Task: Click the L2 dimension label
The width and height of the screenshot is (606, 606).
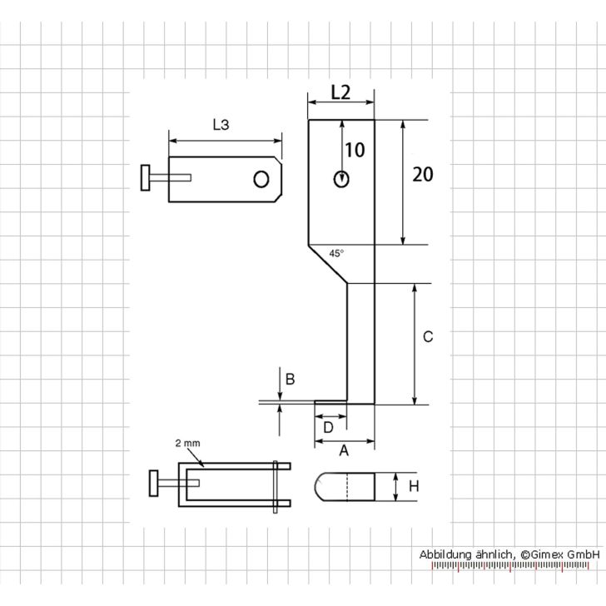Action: coord(340,93)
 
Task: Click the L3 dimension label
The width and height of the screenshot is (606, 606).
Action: coord(221,125)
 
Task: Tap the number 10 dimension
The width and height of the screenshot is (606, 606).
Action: coord(355,150)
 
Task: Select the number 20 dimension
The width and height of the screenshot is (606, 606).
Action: coord(424,174)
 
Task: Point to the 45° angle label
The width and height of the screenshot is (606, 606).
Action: coord(336,252)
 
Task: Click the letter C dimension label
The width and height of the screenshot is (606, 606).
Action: coord(428,337)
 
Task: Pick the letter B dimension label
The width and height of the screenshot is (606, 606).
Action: coord(291,380)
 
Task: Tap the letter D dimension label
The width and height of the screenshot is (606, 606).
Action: coord(328,427)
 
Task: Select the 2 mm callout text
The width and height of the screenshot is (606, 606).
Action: coord(187,444)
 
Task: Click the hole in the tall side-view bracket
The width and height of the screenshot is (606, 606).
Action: coord(341,178)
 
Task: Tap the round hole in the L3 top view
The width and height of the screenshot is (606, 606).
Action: coord(261,179)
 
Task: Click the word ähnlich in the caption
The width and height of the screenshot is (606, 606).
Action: coord(494,553)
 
